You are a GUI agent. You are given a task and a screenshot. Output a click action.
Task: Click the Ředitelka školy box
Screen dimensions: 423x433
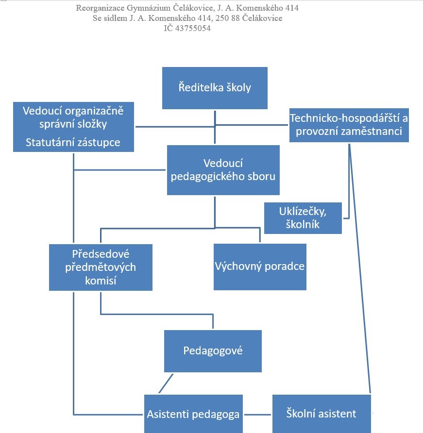(x=215, y=88)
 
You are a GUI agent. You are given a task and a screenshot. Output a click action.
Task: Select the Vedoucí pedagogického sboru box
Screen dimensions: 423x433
(x=223, y=170)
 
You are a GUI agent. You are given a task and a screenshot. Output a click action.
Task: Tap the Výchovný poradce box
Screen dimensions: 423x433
(x=260, y=267)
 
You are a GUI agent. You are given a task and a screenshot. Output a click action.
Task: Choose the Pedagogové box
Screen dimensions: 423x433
(x=213, y=351)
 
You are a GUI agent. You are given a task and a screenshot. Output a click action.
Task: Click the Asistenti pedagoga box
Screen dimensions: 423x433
(x=193, y=414)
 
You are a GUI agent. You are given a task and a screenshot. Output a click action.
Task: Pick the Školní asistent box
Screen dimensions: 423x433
(x=321, y=414)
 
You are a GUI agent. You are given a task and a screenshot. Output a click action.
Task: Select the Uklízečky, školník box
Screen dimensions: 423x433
(x=303, y=218)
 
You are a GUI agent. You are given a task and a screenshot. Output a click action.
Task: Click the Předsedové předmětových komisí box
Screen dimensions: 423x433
(x=101, y=267)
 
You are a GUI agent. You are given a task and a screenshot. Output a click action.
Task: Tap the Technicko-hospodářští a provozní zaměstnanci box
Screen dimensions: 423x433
(x=349, y=125)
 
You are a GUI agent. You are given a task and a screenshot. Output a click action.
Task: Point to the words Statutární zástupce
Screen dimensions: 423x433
(x=73, y=143)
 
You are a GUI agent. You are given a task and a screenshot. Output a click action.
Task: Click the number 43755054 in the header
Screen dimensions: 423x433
(x=193, y=28)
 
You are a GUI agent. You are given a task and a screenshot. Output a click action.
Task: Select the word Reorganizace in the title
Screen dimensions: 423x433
(x=101, y=8)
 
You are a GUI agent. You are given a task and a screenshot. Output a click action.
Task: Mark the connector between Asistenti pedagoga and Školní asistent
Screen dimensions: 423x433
(x=257, y=415)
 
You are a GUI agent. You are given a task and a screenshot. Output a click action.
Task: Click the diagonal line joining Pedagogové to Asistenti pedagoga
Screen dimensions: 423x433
(x=166, y=383)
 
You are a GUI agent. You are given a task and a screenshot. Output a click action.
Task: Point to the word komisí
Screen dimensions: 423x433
(x=101, y=281)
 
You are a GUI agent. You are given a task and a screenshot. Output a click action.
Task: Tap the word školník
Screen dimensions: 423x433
(x=303, y=224)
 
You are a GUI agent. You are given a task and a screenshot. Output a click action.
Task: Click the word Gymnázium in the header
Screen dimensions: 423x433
(x=149, y=8)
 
